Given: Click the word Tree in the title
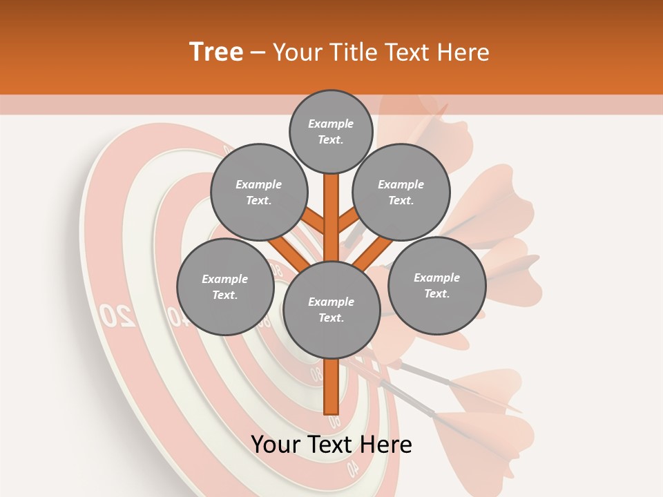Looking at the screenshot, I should (x=216, y=52).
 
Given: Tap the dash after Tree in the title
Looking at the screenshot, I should (x=258, y=53).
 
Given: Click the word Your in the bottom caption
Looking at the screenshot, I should (x=276, y=445).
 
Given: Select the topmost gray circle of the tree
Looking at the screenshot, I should (x=331, y=131).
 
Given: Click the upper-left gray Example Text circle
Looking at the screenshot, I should (x=258, y=192).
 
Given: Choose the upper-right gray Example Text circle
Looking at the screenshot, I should (x=401, y=192).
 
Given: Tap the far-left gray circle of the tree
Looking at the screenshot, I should (x=224, y=286).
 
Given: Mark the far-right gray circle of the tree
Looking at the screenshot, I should (x=436, y=284).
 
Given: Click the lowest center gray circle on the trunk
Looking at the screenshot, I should (x=331, y=309).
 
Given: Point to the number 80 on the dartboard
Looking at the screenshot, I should (x=316, y=375).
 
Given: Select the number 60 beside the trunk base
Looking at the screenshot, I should (x=335, y=420).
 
